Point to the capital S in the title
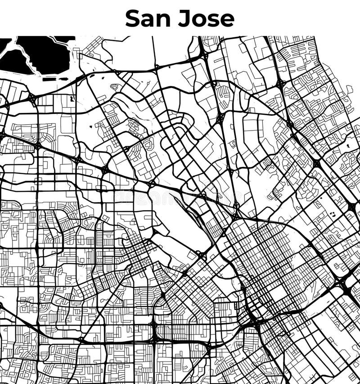click(133, 18)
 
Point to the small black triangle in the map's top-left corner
click(4, 43)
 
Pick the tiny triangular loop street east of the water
click(115, 87)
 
